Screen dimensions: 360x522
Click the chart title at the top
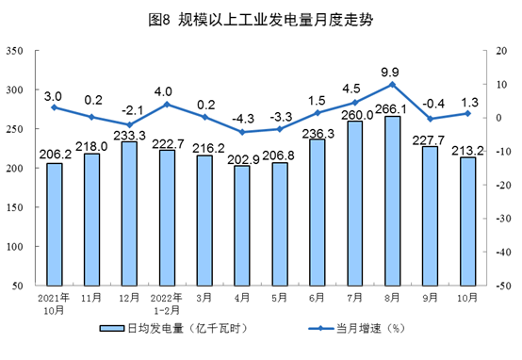pyautogui.click(x=261, y=18)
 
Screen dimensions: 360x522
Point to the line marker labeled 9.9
pyautogui.click(x=392, y=85)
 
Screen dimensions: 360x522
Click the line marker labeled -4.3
pyautogui.click(x=241, y=132)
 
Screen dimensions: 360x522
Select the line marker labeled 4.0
pyautogui.click(x=167, y=104)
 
